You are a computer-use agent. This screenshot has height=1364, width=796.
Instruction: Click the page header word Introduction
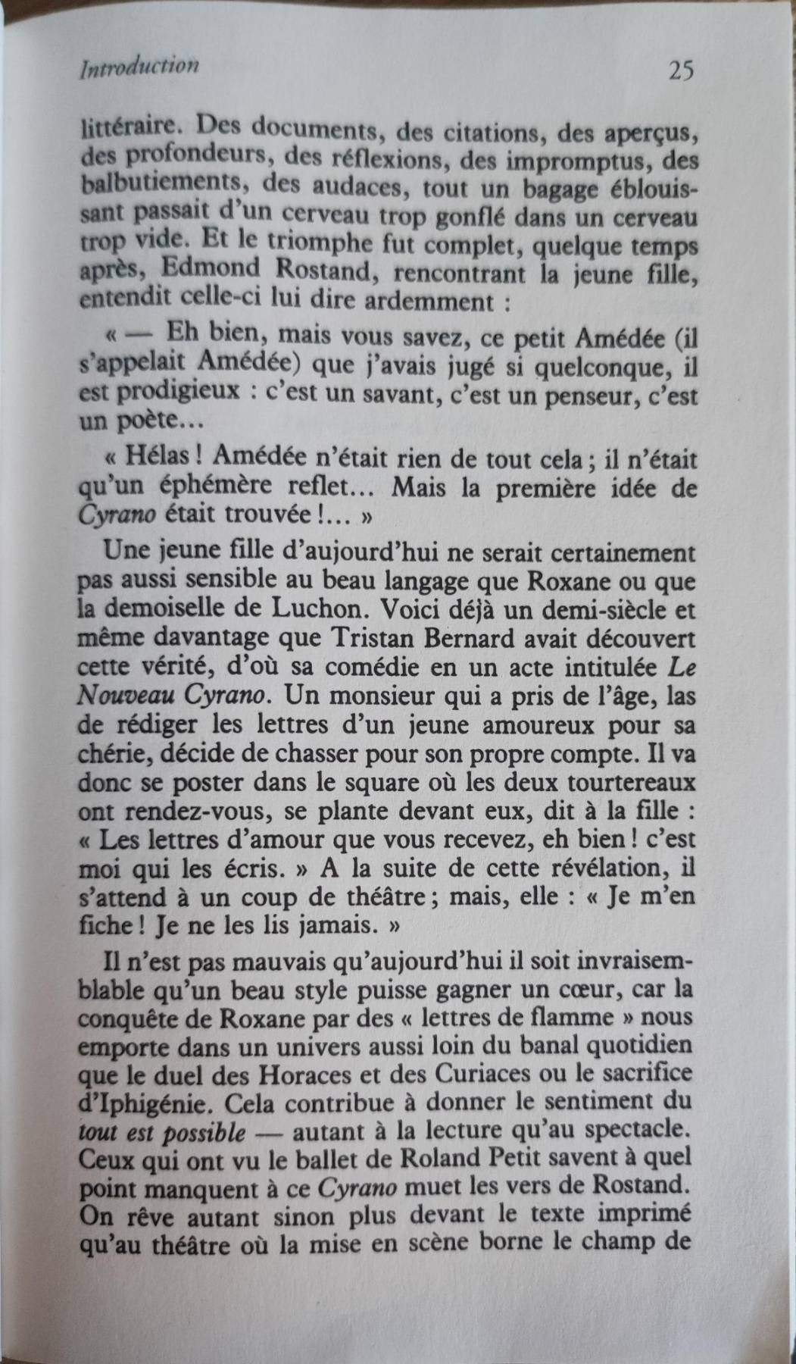[138, 67]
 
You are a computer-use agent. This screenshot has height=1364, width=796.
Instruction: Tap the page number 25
[681, 70]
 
